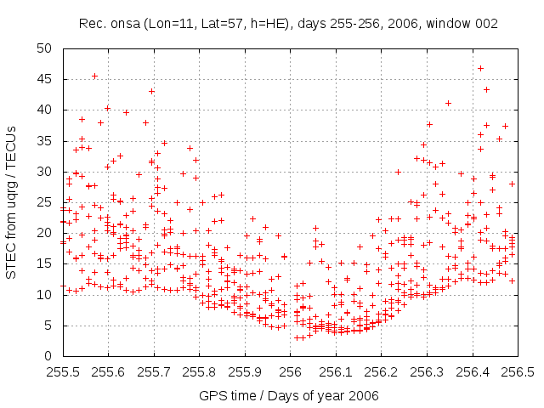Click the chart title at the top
tap(289, 24)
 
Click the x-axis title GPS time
tap(288, 395)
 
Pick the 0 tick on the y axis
tap(51, 356)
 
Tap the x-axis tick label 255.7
tap(154, 372)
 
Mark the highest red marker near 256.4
tap(480, 68)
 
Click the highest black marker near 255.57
tap(94, 76)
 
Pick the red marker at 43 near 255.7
tap(152, 91)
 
